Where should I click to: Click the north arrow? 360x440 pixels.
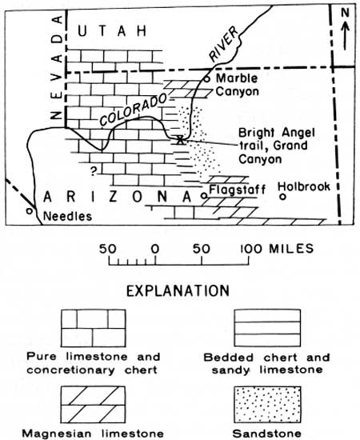pyautogui.click(x=346, y=36)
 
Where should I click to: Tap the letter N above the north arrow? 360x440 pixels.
pyautogui.click(x=345, y=13)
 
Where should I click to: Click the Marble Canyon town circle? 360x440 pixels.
pyautogui.click(x=206, y=79)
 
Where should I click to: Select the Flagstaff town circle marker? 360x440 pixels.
pyautogui.click(x=205, y=196)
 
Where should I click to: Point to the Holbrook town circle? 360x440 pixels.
pyautogui.click(x=283, y=197)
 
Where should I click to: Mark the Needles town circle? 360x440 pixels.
pyautogui.click(x=29, y=210)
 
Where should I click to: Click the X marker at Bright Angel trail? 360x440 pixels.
pyautogui.click(x=180, y=139)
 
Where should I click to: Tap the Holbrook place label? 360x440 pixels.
pyautogui.click(x=304, y=186)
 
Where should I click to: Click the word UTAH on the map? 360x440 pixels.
pyautogui.click(x=112, y=30)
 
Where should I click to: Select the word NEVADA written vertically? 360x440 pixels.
pyautogui.click(x=58, y=67)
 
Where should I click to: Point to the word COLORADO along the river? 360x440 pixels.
pyautogui.click(x=133, y=109)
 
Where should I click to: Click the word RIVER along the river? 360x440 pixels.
pyautogui.click(x=224, y=44)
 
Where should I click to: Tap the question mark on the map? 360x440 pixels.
pyautogui.click(x=94, y=170)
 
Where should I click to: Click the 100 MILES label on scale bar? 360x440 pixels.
pyautogui.click(x=277, y=249)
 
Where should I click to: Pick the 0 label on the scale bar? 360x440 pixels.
pyautogui.click(x=155, y=249)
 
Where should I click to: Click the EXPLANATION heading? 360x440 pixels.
pyautogui.click(x=178, y=291)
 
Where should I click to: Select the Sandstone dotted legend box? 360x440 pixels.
pyautogui.click(x=267, y=404)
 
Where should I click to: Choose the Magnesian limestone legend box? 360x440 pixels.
pyautogui.click(x=93, y=404)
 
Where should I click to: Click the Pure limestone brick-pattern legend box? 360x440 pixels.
pyautogui.click(x=93, y=328)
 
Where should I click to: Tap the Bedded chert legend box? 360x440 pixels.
pyautogui.click(x=267, y=328)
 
